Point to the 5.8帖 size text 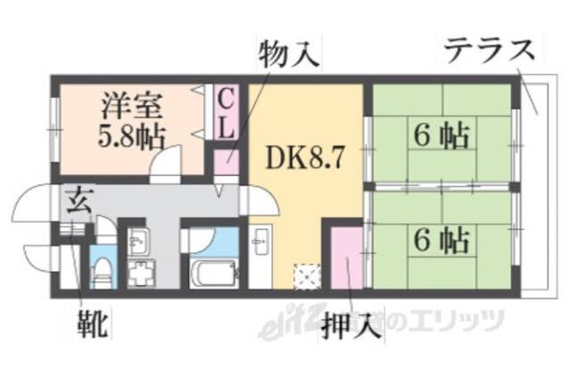pyautogui.click(x=130, y=137)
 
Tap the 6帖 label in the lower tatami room pyautogui.click(x=441, y=239)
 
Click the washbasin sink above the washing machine pyautogui.click(x=138, y=240)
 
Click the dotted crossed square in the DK pyautogui.click(x=307, y=277)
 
